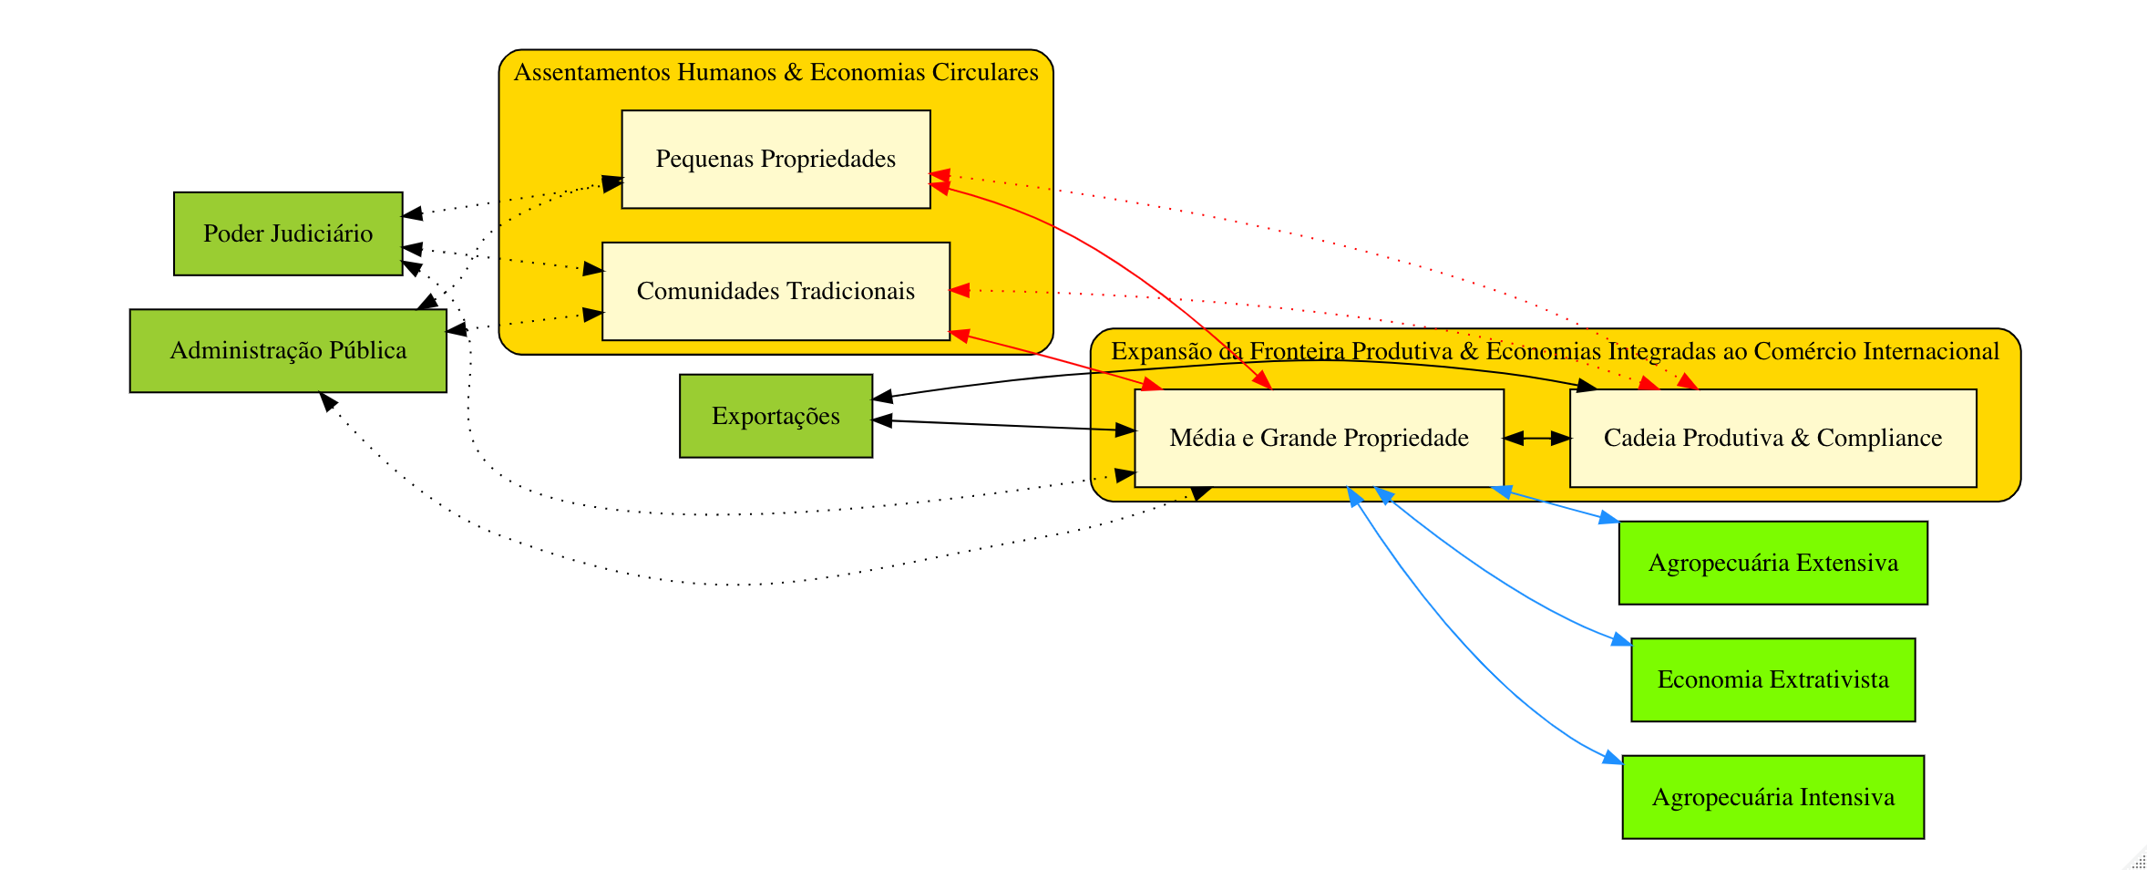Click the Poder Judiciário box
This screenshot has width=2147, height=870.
(x=288, y=233)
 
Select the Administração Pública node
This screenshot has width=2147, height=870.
(x=288, y=351)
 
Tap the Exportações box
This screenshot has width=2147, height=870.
(x=776, y=416)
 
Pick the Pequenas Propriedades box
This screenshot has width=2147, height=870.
(x=776, y=160)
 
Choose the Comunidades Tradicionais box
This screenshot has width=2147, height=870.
(x=776, y=291)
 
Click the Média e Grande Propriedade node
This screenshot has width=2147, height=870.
(x=1319, y=439)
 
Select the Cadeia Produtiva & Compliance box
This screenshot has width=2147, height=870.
(x=1772, y=439)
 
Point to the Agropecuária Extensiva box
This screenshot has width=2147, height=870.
(x=1772, y=563)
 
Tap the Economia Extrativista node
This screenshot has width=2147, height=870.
(x=1772, y=679)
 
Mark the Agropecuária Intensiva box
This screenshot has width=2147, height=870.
(x=1772, y=797)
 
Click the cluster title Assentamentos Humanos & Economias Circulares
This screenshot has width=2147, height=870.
(x=776, y=73)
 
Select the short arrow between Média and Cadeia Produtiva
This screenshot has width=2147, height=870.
(x=1536, y=439)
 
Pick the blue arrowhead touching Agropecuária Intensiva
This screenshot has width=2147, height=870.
(x=1612, y=758)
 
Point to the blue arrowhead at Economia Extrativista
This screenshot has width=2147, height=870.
(x=1620, y=640)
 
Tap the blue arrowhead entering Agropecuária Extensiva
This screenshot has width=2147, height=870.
(x=1608, y=519)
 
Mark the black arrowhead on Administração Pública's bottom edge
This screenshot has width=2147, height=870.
(x=327, y=400)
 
